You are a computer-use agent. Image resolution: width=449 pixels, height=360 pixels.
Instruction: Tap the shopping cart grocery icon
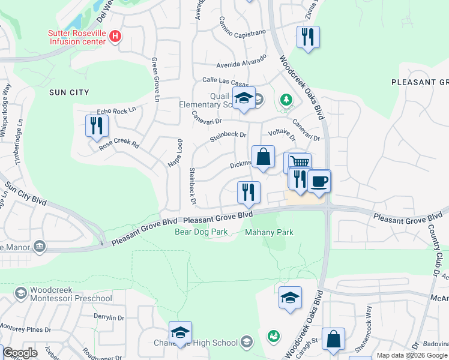298,161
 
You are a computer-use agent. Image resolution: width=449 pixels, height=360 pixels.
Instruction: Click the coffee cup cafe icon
319,180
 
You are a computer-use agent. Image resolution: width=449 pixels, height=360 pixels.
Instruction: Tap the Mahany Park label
270,232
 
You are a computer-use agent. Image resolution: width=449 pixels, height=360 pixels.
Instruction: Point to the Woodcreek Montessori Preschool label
63,294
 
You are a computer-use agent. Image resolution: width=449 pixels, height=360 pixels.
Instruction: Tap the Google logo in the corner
20,353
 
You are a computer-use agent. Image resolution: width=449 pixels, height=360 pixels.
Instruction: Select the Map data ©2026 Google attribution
412,355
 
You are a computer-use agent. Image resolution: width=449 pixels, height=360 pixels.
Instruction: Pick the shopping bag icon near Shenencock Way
333,338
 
